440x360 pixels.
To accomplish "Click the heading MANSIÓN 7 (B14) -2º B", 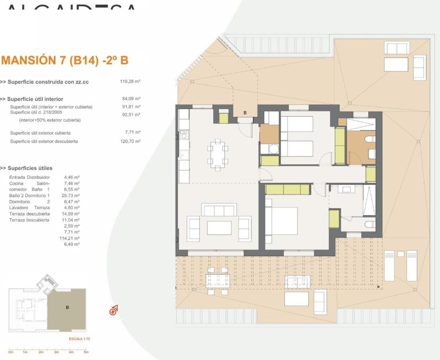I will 65,60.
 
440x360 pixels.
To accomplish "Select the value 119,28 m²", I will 130,82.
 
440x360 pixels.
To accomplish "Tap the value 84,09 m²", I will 131,99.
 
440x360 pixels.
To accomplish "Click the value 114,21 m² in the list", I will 69,238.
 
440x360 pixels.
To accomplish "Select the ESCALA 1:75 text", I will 79,339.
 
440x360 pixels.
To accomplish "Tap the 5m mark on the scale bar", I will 86,352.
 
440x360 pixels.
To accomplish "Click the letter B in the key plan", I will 67,308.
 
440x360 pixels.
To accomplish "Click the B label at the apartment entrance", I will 245,113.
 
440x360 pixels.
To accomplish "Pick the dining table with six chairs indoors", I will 218,154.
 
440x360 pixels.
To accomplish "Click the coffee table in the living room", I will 219,228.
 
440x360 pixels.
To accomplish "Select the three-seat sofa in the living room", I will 219,211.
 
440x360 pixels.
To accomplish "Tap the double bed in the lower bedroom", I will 281,221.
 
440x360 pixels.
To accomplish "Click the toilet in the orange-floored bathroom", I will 370,139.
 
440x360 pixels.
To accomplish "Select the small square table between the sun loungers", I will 400,254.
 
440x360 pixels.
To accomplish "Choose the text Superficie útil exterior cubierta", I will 40,133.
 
